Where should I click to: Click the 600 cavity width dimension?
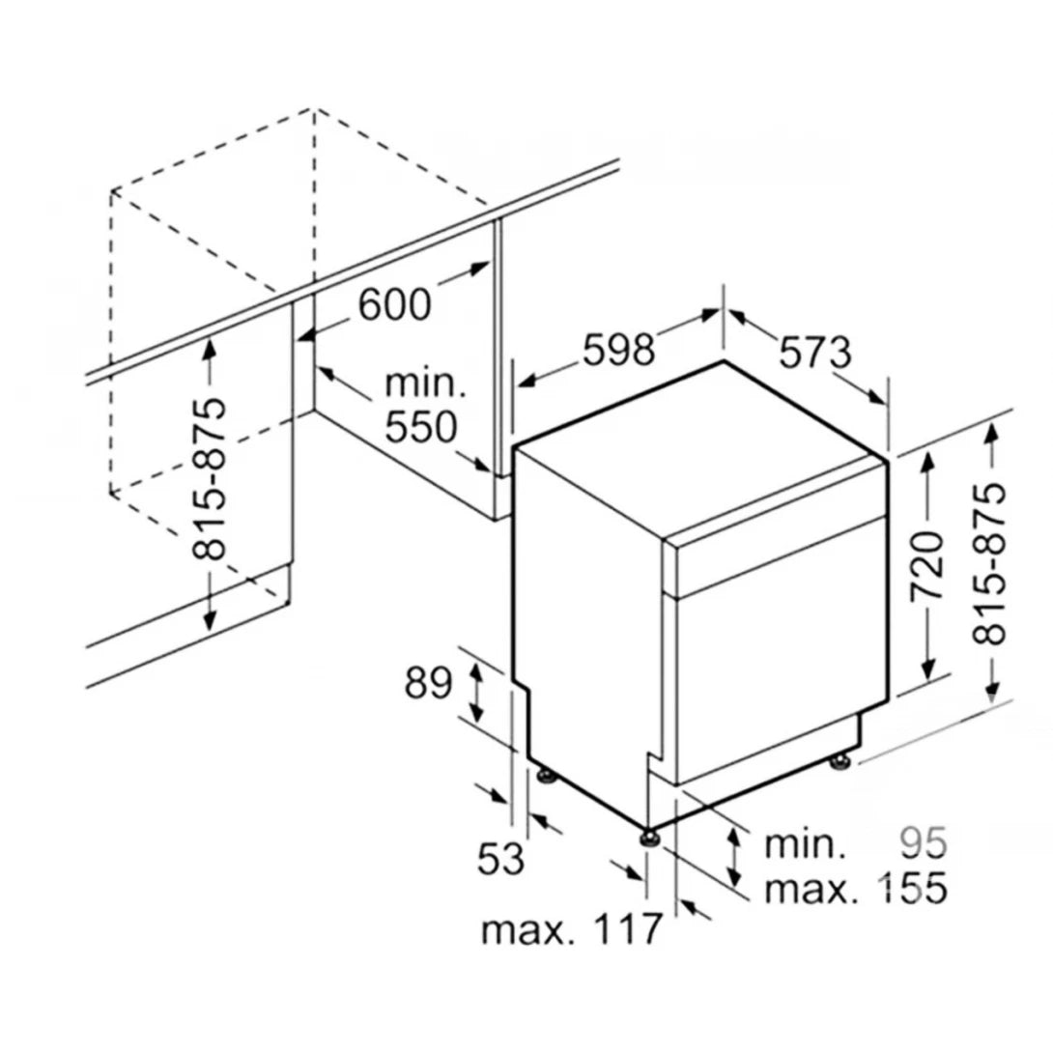394,304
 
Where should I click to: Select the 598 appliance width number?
618,349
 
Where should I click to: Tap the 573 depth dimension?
814,352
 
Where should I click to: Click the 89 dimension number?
429,684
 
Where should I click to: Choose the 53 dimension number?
500,858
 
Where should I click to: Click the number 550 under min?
421,427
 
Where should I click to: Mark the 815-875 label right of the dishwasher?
989,563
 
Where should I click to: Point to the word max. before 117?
527,930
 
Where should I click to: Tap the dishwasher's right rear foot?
839,763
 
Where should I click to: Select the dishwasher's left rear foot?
546,777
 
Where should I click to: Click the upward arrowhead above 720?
927,463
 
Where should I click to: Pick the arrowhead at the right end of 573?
877,398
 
